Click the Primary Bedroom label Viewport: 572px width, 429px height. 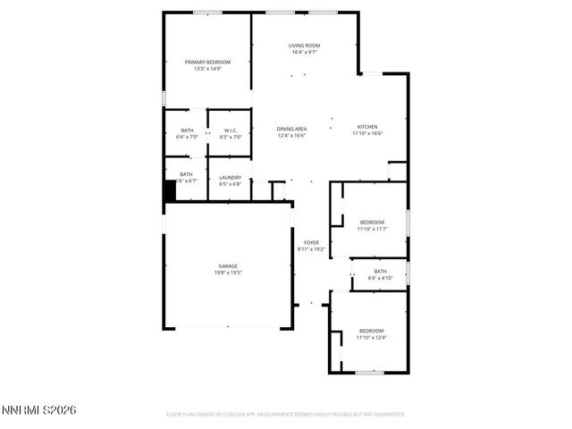(x=207, y=62)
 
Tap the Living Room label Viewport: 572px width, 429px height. (x=304, y=46)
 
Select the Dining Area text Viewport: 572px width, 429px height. (x=291, y=130)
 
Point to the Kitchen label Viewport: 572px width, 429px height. (x=367, y=127)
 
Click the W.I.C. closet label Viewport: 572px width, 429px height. (x=230, y=130)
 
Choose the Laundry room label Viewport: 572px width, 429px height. (x=230, y=178)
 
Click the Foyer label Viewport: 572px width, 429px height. (x=311, y=243)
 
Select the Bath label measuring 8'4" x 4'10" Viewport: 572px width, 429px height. (x=380, y=272)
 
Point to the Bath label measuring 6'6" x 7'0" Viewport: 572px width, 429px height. (x=186, y=130)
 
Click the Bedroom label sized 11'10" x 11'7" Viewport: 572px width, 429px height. (x=372, y=223)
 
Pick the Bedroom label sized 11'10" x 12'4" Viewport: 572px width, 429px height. (x=371, y=331)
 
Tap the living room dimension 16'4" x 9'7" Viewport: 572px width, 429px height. (x=304, y=53)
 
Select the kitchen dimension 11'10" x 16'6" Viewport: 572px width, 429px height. (x=367, y=134)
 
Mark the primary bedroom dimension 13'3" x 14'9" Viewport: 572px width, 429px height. (x=207, y=69)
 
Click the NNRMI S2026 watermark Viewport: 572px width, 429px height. (x=39, y=410)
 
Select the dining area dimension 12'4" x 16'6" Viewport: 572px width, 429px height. (x=291, y=137)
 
